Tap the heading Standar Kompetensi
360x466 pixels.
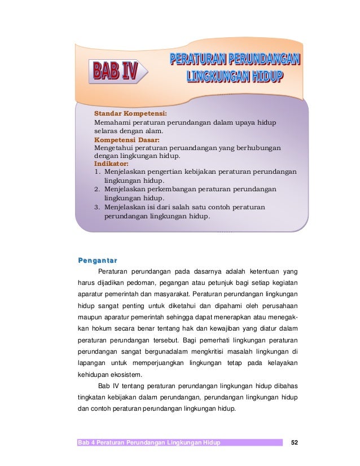pos(126,113)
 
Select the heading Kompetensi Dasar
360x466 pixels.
pos(127,139)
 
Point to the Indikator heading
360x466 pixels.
pos(111,164)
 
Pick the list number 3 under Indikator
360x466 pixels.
pos(97,207)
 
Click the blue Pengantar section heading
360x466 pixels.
pos(98,260)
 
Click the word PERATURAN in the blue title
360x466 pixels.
pos(201,59)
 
